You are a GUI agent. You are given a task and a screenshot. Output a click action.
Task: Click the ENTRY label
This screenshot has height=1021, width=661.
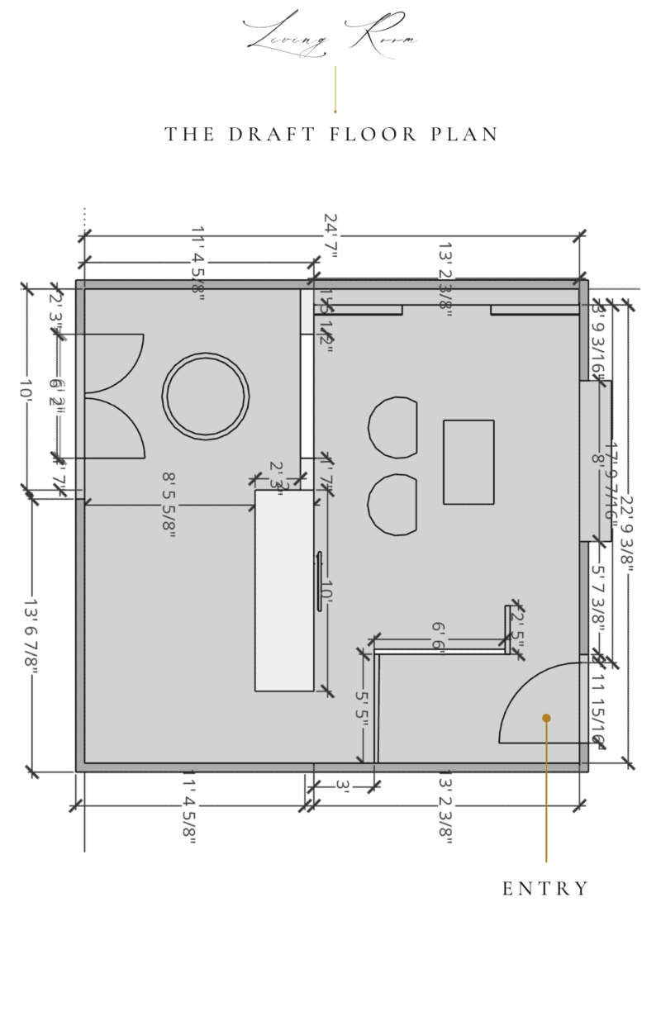[545, 889]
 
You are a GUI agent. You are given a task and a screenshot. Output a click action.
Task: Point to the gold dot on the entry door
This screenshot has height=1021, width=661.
[546, 718]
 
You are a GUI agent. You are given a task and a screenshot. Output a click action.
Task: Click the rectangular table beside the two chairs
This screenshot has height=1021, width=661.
[468, 462]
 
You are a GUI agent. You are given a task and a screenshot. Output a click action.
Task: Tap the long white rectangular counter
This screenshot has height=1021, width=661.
[284, 590]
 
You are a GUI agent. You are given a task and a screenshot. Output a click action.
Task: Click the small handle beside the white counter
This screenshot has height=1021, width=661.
[319, 582]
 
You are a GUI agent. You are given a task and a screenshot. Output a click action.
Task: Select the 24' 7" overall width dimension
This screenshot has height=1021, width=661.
[330, 235]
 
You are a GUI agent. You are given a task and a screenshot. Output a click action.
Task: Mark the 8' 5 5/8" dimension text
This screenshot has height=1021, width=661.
[169, 504]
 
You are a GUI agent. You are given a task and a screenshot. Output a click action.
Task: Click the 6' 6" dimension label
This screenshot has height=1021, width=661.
[439, 638]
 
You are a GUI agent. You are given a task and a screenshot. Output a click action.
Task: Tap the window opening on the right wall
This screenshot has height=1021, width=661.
[595, 460]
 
